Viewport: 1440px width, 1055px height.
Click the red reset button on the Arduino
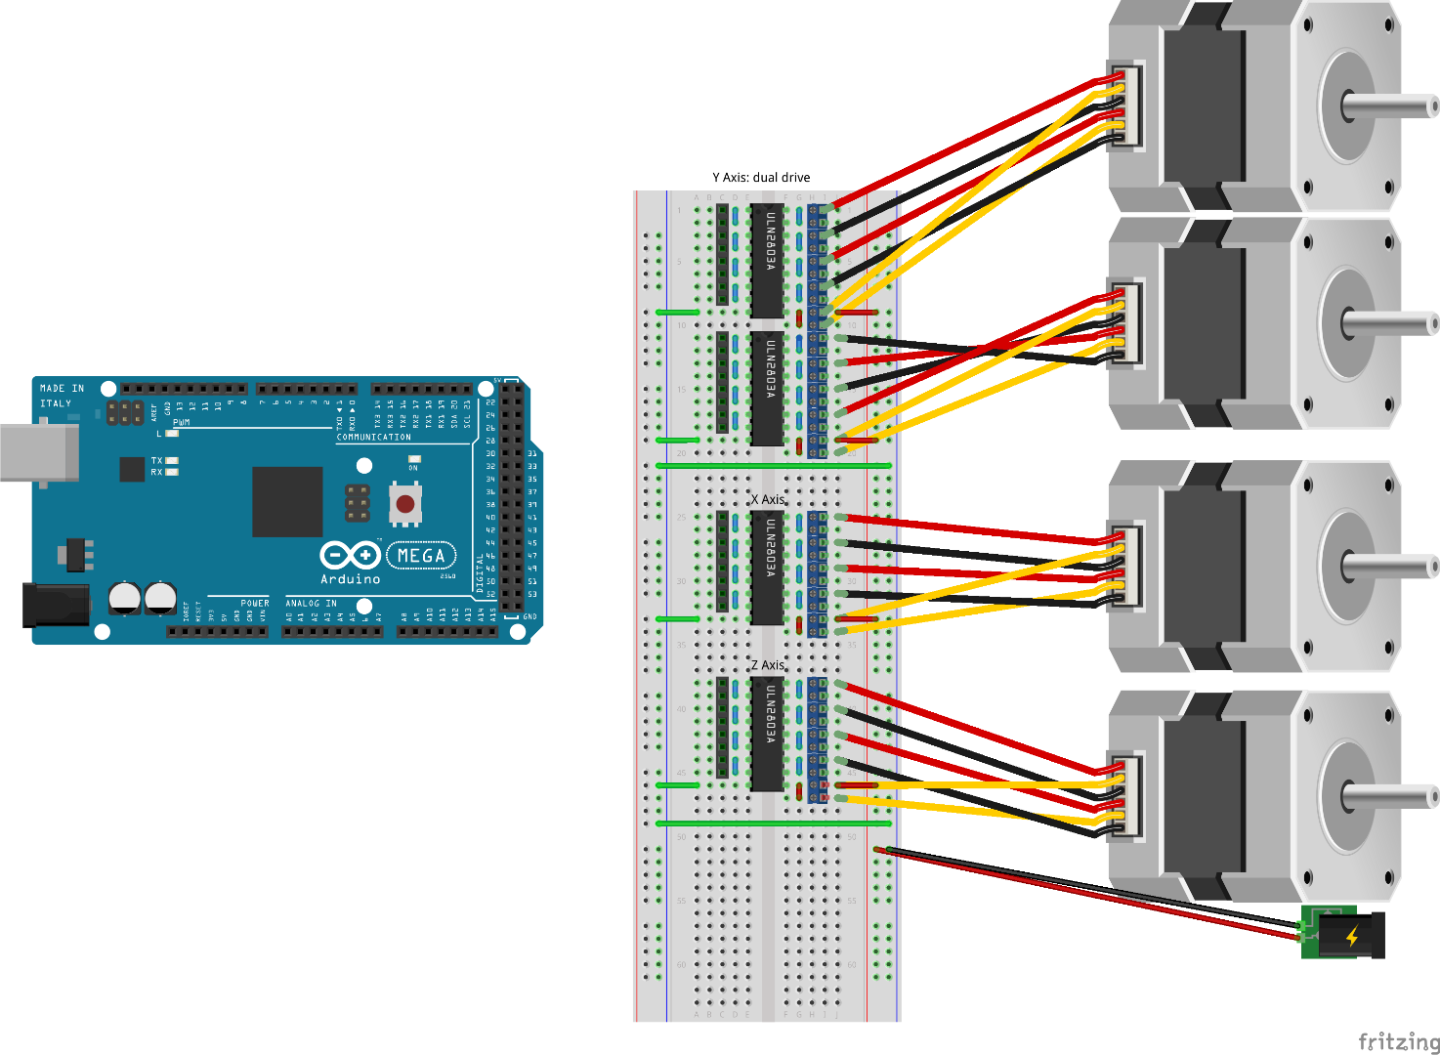click(x=404, y=504)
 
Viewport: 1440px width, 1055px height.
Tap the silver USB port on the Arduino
click(x=39, y=452)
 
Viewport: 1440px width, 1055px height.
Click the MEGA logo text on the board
click(x=421, y=556)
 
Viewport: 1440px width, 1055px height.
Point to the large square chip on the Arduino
click(x=287, y=501)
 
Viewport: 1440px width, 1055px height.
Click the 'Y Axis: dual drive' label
click(x=761, y=178)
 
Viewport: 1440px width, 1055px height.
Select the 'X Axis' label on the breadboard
click(x=768, y=499)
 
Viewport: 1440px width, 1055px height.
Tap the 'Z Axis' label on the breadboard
click(x=768, y=665)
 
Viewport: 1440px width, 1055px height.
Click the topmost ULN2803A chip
click(x=768, y=260)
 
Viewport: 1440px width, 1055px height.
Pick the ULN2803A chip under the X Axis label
click(x=768, y=568)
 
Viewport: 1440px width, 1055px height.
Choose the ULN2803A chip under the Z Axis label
click(x=768, y=734)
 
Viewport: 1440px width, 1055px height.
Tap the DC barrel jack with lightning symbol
click(x=1344, y=935)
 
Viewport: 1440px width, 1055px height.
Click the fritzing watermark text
click(x=1398, y=1041)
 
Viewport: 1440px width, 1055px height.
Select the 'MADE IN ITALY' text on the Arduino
click(x=61, y=395)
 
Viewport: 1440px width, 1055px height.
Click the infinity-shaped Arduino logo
click(x=350, y=556)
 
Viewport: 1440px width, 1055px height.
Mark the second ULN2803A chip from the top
click(x=768, y=389)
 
